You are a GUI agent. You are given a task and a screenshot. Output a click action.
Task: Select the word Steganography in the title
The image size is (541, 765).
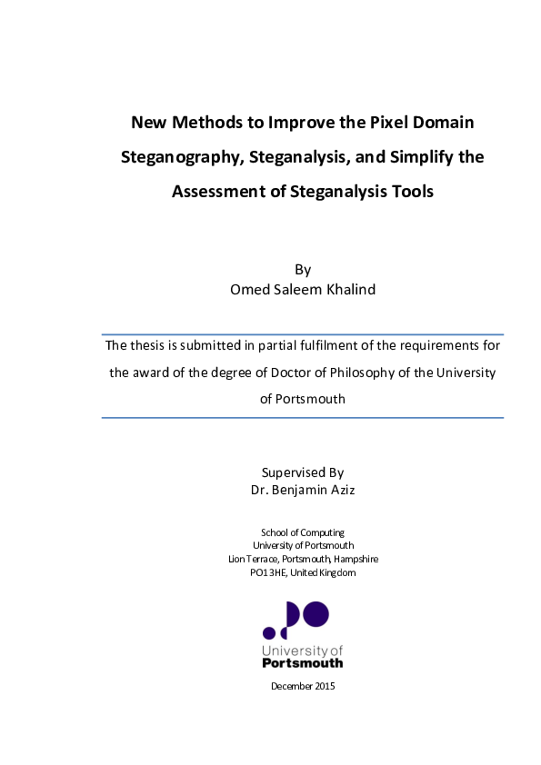pyautogui.click(x=180, y=157)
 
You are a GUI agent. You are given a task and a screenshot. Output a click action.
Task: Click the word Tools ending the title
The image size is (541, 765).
pyautogui.click(x=409, y=192)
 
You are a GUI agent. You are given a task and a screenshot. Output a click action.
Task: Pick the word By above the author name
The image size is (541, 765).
pyautogui.click(x=303, y=270)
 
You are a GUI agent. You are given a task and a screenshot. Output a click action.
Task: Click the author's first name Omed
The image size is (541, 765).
pyautogui.click(x=253, y=290)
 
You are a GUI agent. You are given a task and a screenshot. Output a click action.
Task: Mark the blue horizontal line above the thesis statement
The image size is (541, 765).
pyautogui.click(x=303, y=334)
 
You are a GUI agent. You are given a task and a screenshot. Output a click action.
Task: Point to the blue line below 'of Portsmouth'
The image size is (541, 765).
pyautogui.click(x=303, y=418)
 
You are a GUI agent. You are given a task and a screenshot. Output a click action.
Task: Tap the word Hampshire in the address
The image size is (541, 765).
pyautogui.click(x=356, y=559)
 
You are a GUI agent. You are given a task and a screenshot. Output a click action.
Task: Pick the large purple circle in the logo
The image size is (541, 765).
pyautogui.click(x=315, y=614)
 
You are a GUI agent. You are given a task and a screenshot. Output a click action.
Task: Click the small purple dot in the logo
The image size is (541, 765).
pyautogui.click(x=269, y=632)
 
